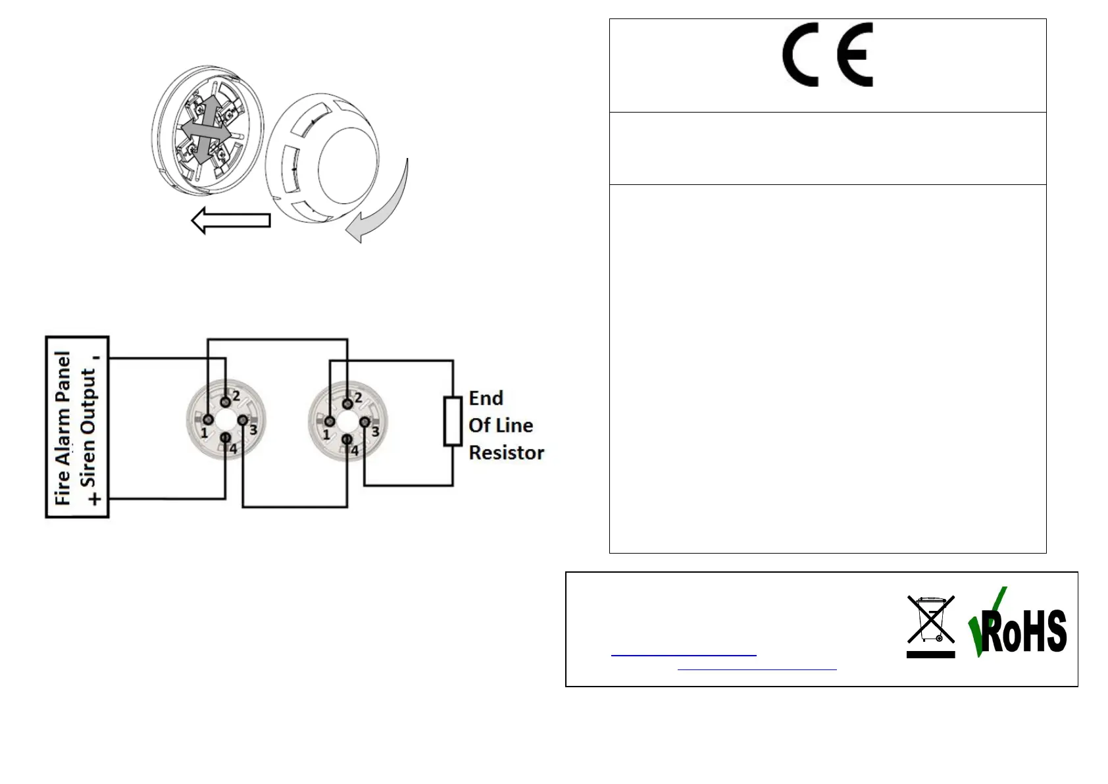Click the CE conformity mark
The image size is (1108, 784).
tap(827, 55)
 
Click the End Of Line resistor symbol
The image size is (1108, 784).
tap(453, 421)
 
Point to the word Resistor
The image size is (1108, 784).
tap(506, 453)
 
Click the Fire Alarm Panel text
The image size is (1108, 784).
tap(63, 428)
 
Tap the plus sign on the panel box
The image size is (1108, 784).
tap(96, 499)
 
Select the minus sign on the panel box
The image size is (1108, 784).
tap(97, 358)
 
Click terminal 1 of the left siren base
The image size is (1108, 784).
tap(208, 419)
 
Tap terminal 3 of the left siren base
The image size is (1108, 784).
tap(243, 420)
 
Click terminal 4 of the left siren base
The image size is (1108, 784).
tap(226, 437)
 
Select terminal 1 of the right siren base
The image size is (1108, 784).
tap(330, 421)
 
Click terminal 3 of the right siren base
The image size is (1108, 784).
tap(365, 421)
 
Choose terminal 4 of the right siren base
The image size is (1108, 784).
tap(347, 439)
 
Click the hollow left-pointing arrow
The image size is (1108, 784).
tap(231, 221)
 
